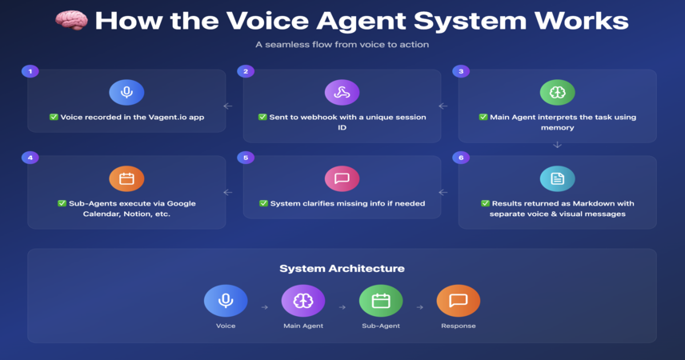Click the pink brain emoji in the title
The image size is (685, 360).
[x=72, y=21]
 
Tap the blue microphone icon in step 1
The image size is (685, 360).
[x=126, y=92]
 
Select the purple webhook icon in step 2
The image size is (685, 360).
[x=342, y=92]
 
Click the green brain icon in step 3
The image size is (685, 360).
[x=558, y=92]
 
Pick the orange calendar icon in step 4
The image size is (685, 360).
[x=126, y=178]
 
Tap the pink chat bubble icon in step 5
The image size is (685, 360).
[x=342, y=178]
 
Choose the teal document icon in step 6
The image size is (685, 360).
[x=558, y=178]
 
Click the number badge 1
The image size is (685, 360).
[x=30, y=71]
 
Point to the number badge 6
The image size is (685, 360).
[x=461, y=158]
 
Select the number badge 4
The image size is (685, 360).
[x=30, y=158]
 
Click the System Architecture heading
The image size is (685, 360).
[x=342, y=268]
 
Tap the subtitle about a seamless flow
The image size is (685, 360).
[x=342, y=45]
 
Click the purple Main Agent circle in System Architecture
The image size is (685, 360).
[x=303, y=301]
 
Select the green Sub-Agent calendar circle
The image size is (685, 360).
[x=381, y=301]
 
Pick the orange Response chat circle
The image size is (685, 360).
[x=459, y=301]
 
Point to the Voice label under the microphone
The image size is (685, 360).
[x=226, y=326]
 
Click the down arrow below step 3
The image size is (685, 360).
[x=557, y=145]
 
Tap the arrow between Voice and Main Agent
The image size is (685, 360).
[x=265, y=307]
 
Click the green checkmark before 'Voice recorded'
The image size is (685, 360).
[x=54, y=117]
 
